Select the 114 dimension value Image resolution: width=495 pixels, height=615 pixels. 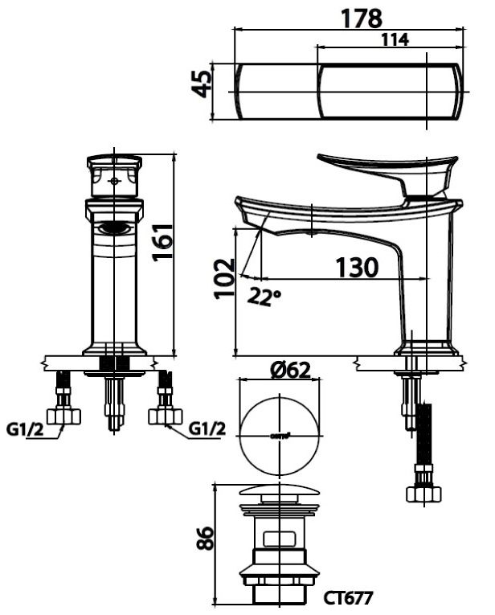click(x=394, y=39)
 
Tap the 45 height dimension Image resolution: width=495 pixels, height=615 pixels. click(x=202, y=84)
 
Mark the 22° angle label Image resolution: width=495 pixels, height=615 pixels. click(x=264, y=296)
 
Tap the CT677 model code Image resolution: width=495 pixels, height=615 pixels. click(x=349, y=597)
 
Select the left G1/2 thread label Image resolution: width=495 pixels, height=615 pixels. click(x=24, y=429)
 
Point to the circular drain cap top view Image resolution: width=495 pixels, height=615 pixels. click(x=280, y=435)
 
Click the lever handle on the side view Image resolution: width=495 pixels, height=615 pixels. click(x=386, y=170)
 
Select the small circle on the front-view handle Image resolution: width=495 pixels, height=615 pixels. click(x=114, y=182)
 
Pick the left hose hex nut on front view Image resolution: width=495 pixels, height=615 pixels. click(x=64, y=416)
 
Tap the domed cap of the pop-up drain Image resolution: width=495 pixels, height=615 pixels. click(x=280, y=493)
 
